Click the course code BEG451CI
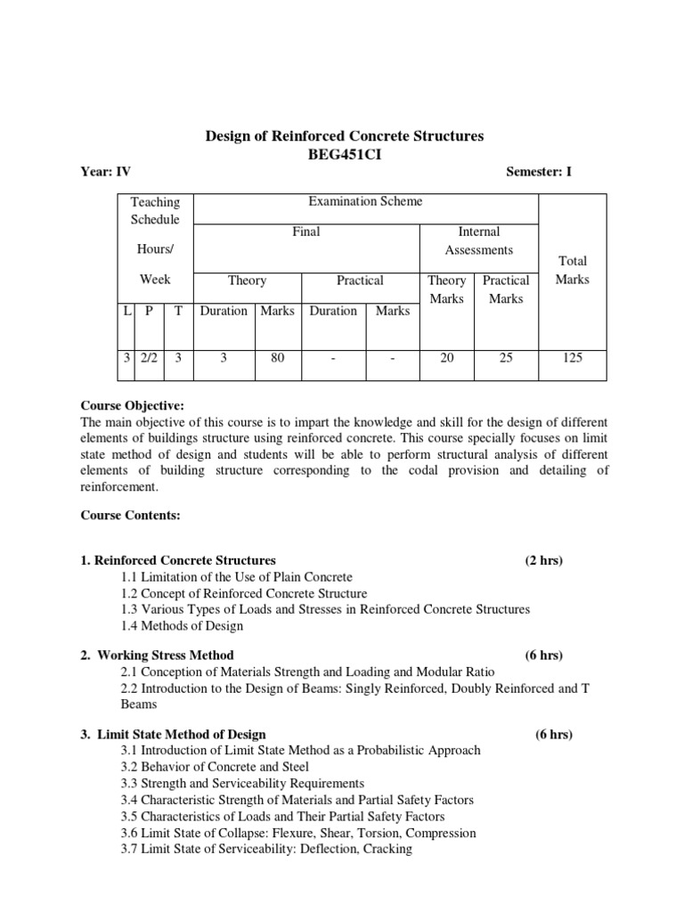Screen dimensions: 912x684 point(345,154)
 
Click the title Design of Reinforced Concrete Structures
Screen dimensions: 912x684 point(345,136)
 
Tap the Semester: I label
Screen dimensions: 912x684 point(538,172)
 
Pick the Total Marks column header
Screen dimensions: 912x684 point(572,270)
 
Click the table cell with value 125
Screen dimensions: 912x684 point(572,358)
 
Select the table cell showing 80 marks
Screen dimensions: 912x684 point(278,358)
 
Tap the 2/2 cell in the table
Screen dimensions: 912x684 point(148,358)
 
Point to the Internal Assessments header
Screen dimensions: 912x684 point(478,240)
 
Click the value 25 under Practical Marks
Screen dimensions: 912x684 point(505,358)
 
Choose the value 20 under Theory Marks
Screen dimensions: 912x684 point(446,358)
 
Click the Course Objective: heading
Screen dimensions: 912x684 point(132,406)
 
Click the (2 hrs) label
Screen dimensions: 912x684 point(543,560)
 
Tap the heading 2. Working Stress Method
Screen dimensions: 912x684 point(157,655)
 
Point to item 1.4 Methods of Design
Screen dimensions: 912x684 point(182,625)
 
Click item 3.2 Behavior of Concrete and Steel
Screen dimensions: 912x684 point(215,766)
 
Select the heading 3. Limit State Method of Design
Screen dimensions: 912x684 point(173,735)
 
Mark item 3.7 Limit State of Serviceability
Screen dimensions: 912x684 point(266,849)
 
